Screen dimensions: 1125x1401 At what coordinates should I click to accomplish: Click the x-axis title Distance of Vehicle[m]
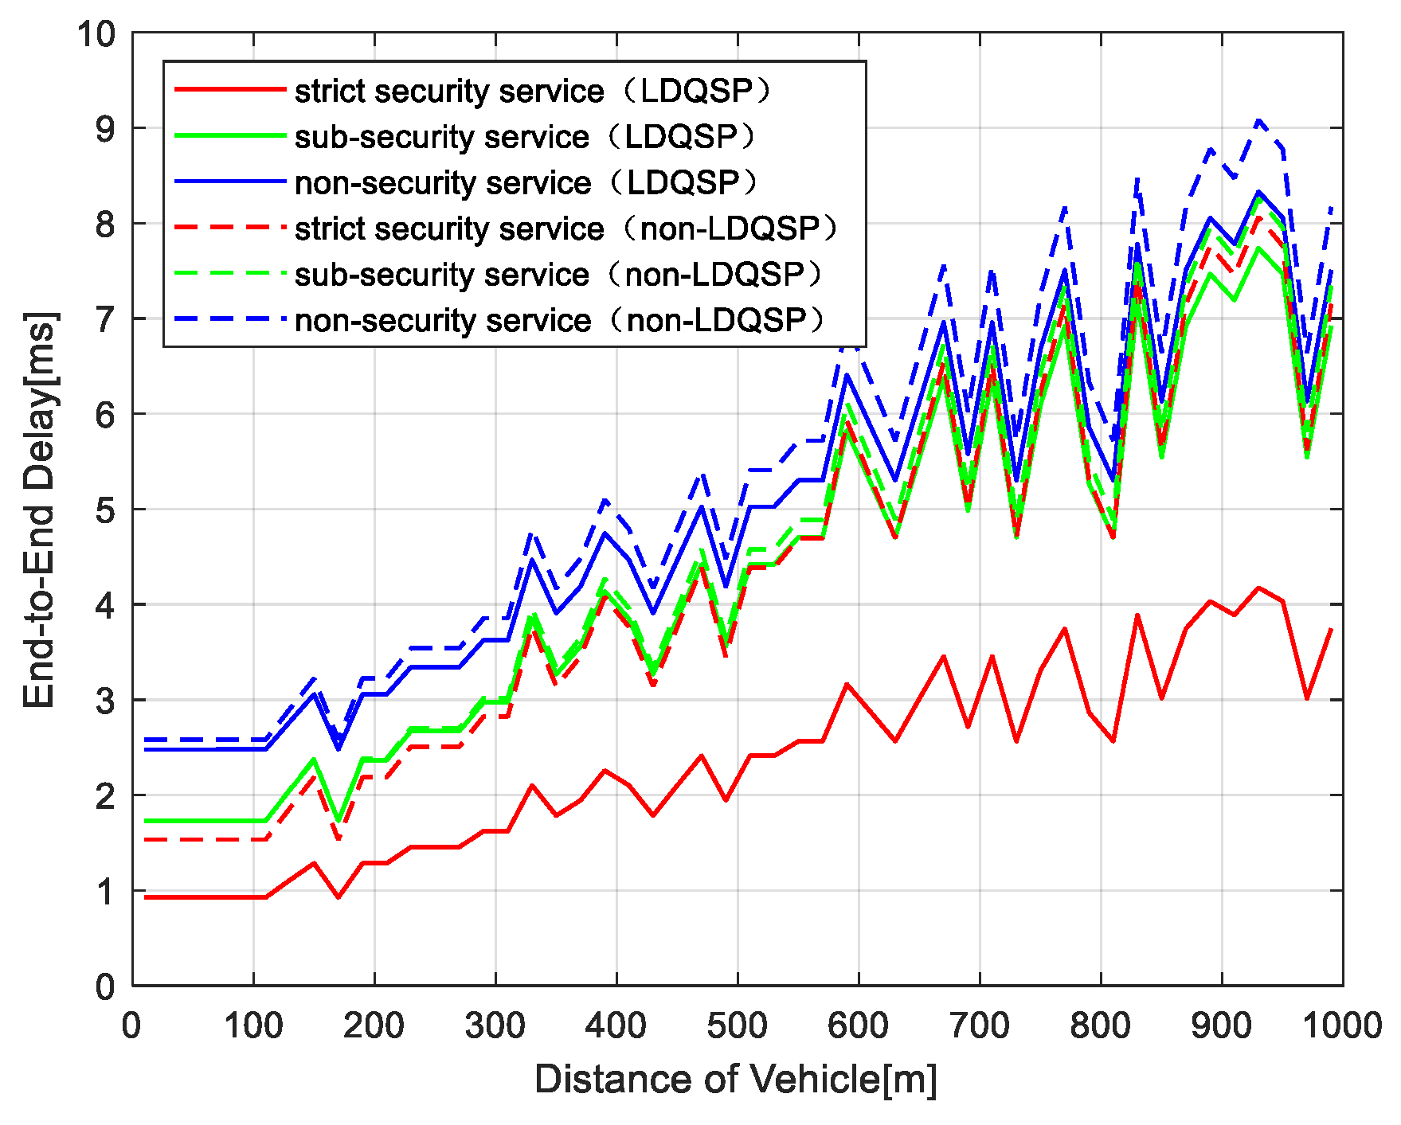pos(736,1080)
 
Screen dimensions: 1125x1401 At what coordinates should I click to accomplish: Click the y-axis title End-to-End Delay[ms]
pos(39,510)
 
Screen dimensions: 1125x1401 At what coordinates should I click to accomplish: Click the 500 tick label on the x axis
pos(737,1025)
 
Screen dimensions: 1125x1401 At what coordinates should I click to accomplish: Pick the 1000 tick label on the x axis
pos(1342,1025)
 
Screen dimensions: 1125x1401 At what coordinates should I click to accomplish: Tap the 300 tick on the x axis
pos(495,1025)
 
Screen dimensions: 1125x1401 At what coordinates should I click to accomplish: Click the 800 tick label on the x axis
pos(1100,1025)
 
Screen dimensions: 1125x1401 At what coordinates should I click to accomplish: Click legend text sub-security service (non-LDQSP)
pos(558,275)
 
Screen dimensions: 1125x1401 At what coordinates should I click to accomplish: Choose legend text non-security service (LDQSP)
pos(526,183)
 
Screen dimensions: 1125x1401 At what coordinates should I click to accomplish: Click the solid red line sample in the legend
pos(229,89)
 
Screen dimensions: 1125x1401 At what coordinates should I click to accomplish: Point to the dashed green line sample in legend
pos(229,273)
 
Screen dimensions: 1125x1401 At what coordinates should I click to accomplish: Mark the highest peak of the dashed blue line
pos(1258,121)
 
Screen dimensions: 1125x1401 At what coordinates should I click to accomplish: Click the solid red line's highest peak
pos(1258,588)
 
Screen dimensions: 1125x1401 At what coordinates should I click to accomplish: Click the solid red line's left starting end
pos(146,897)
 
